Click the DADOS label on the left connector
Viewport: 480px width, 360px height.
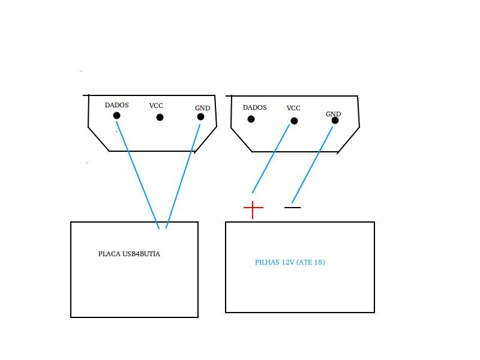point(116,105)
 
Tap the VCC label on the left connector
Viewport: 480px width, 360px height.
point(156,106)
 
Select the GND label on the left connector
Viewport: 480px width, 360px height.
point(202,108)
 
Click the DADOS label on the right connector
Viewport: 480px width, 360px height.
point(254,107)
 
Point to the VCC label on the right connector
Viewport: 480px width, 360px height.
point(293,108)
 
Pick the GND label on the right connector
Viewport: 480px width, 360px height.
point(333,114)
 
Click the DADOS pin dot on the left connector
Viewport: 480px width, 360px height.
point(116,115)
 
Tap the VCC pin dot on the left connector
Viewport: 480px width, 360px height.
point(160,117)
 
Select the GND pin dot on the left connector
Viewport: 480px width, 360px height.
point(200,116)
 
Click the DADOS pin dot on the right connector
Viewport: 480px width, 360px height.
point(251,119)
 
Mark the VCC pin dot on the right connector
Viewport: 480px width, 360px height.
point(294,121)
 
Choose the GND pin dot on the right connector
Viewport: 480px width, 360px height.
point(335,121)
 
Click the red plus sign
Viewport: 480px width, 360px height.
point(253,208)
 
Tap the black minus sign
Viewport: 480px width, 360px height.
point(292,207)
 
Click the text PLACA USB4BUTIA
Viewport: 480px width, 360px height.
point(129,254)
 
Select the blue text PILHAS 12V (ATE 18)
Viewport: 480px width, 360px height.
point(290,262)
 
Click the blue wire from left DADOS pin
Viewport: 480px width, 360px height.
point(137,175)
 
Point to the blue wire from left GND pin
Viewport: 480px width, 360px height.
point(183,176)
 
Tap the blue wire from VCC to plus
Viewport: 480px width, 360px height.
point(271,158)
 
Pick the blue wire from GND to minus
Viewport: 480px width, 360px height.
point(312,165)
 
